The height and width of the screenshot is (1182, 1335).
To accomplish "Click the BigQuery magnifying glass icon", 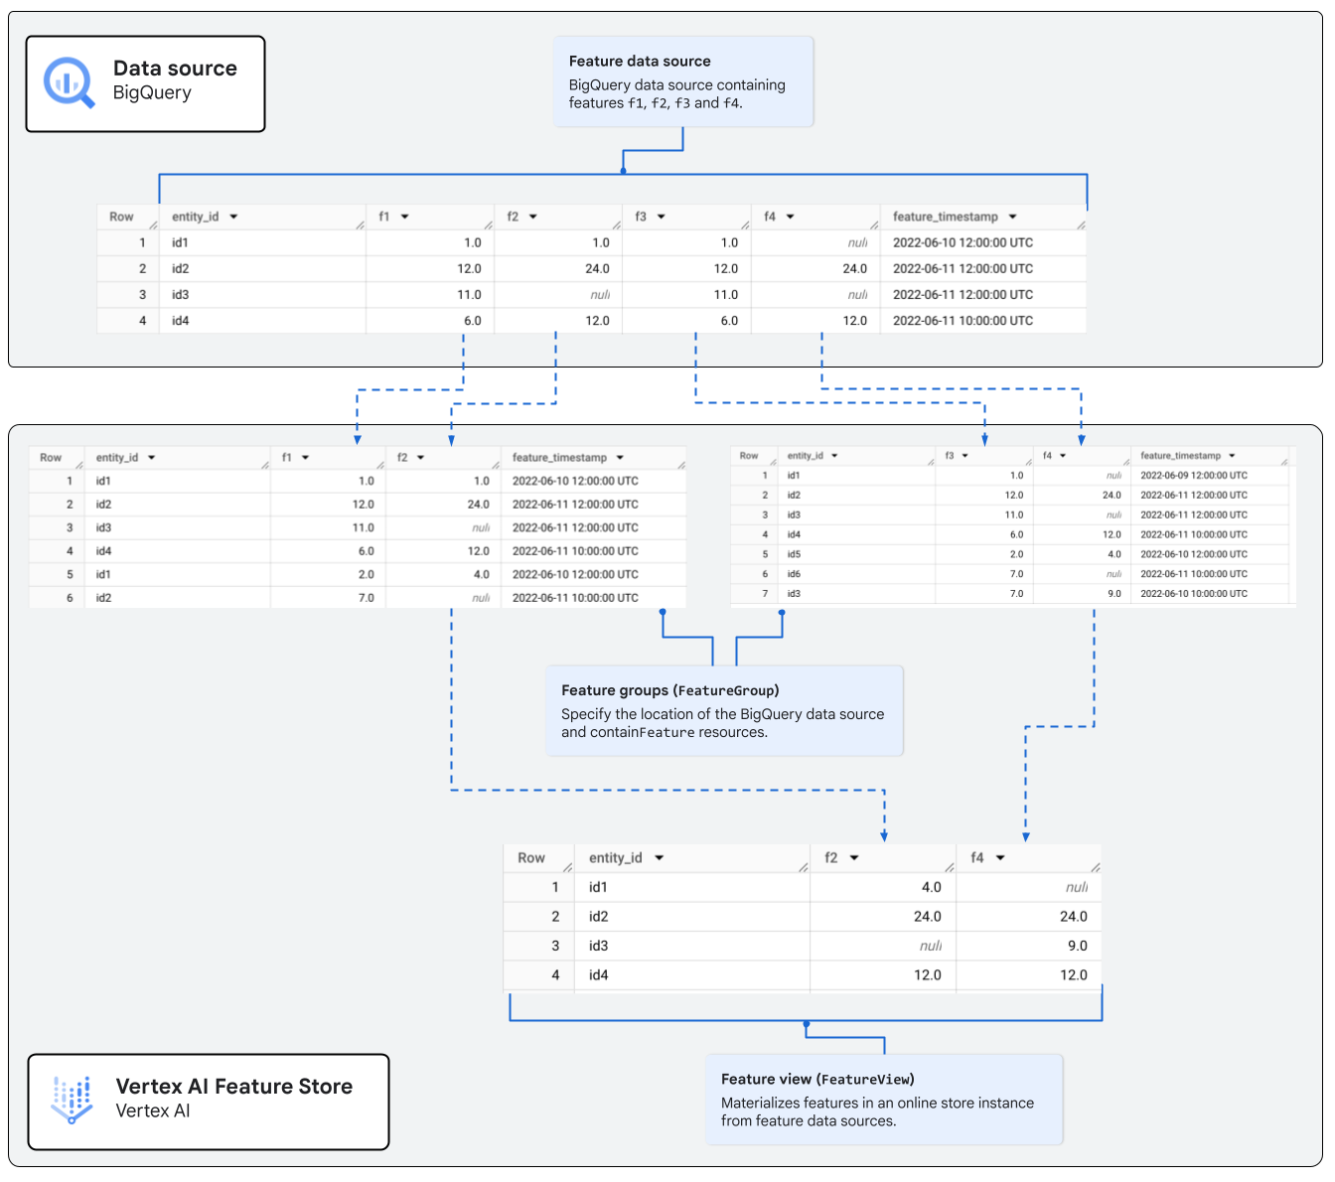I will (69, 82).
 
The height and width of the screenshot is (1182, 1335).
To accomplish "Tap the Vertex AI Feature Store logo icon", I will (72, 1100).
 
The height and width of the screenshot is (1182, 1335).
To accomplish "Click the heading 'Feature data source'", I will (639, 62).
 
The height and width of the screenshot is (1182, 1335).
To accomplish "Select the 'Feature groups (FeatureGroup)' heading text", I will (669, 690).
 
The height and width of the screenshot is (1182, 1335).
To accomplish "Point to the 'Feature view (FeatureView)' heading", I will (817, 1080).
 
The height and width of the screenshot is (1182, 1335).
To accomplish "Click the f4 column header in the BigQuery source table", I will (771, 217).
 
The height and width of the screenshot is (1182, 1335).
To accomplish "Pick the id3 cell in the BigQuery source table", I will (180, 295).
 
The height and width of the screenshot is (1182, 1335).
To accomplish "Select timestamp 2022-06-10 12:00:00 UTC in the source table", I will (962, 243).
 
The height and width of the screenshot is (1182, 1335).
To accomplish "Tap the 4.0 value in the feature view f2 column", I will (931, 887).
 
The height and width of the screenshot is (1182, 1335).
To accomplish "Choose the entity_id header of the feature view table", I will (616, 858).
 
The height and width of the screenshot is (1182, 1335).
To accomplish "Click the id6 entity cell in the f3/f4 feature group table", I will (794, 574).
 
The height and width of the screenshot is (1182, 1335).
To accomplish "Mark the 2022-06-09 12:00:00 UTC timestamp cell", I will (1193, 476).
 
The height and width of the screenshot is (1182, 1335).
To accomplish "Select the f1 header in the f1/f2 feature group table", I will (287, 458).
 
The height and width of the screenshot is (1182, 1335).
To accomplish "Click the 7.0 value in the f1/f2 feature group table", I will (366, 598).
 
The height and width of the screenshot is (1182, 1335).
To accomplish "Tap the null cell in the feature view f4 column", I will (1076, 887).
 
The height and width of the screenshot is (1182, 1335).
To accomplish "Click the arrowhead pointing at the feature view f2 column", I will (884, 836).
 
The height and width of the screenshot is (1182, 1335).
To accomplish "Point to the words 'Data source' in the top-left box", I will (175, 69).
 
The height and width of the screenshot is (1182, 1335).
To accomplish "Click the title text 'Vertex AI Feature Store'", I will (233, 1087).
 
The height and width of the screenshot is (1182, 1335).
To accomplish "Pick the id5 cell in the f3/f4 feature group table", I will (794, 554).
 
